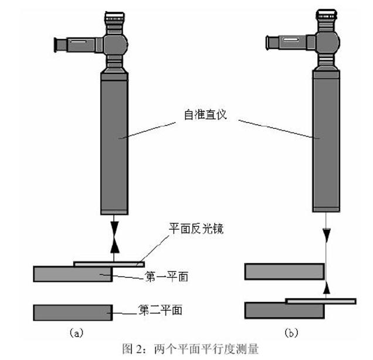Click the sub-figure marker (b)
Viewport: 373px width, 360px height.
pyautogui.click(x=291, y=332)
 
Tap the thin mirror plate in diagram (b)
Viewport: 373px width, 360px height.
pyautogui.click(x=320, y=301)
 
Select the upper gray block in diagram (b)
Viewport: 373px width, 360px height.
pyautogui.click(x=284, y=271)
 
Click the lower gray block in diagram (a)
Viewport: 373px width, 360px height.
pyautogui.click(x=73, y=311)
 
